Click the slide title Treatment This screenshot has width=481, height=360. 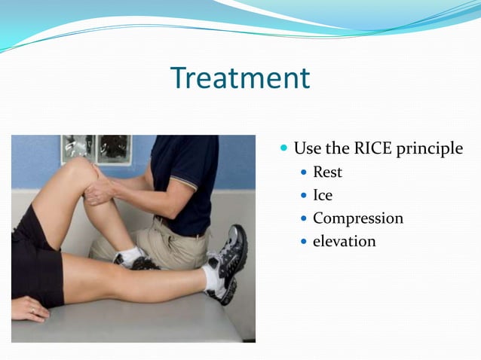240,78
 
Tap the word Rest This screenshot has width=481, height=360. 327,172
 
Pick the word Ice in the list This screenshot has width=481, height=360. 323,196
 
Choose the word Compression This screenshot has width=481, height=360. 357,219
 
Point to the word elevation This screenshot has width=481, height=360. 344,242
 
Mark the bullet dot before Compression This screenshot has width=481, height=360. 304,219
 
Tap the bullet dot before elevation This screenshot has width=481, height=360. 304,243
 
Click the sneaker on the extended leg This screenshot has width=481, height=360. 230,264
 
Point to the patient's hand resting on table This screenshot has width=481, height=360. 30,309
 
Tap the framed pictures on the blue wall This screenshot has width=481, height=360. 96,148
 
